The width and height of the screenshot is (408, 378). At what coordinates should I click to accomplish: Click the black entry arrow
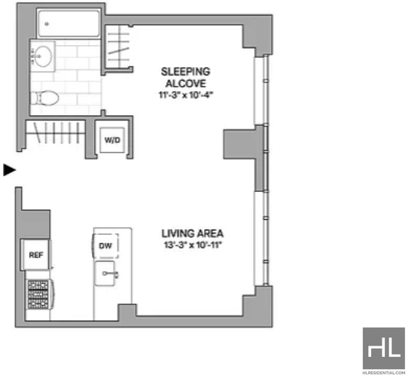[x=9, y=170]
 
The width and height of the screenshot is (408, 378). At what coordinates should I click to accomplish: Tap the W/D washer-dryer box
[x=112, y=140]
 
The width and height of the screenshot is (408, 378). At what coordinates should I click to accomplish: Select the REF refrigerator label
[x=36, y=255]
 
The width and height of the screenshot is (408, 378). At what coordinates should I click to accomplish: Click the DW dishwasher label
[x=105, y=245]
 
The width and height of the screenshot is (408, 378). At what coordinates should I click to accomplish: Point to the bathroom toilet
[x=44, y=98]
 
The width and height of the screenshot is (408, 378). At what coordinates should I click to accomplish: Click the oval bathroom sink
[x=43, y=56]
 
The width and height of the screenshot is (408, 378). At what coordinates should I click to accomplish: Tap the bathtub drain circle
[x=47, y=24]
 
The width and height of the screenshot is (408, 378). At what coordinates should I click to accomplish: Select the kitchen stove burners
[x=38, y=294]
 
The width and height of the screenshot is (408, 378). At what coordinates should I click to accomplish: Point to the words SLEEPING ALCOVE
[x=185, y=78]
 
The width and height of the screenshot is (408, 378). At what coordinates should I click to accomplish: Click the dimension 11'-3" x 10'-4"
[x=186, y=96]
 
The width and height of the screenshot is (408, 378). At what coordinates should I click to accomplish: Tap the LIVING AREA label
[x=193, y=233]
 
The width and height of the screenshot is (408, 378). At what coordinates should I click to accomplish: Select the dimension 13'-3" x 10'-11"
[x=193, y=245]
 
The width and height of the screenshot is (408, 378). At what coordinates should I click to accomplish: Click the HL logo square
[x=384, y=349]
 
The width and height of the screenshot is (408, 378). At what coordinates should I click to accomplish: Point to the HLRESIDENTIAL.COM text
[x=384, y=373]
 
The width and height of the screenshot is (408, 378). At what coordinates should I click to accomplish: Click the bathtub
[x=69, y=23]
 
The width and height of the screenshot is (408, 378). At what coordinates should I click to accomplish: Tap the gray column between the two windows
[x=243, y=144]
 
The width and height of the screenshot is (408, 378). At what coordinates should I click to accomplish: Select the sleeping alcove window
[x=260, y=90]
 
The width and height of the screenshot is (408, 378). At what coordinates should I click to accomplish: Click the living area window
[x=260, y=239]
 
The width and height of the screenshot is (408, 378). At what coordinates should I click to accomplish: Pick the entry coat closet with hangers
[x=56, y=133]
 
